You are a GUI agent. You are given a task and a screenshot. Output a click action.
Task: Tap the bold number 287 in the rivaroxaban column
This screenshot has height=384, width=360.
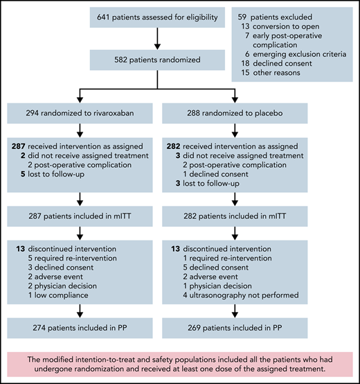coord(19,146)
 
